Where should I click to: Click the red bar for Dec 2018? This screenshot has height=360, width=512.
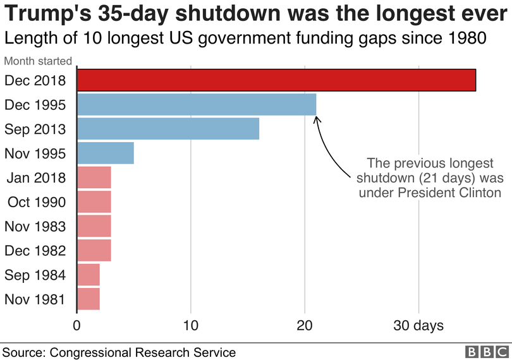(276, 80)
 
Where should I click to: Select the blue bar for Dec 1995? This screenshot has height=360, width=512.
(197, 104)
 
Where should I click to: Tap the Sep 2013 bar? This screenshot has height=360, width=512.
(168, 129)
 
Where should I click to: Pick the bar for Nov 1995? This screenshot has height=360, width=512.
(106, 153)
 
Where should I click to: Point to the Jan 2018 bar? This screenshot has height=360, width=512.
(94, 177)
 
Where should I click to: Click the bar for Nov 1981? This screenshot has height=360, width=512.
(88, 299)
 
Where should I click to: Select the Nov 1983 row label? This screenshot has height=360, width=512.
(35, 226)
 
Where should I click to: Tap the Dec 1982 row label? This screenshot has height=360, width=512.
(35, 251)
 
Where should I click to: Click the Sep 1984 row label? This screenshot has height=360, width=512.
(35, 275)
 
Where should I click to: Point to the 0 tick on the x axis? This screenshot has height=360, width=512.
(77, 325)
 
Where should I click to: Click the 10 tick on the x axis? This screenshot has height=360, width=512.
(191, 325)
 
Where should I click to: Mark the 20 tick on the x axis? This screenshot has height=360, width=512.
(305, 325)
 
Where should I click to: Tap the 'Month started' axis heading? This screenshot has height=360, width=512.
(38, 62)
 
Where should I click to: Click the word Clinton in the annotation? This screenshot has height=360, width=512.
(480, 192)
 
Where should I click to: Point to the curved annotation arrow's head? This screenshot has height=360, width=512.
(316, 117)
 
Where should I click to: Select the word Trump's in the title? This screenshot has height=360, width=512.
(50, 15)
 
